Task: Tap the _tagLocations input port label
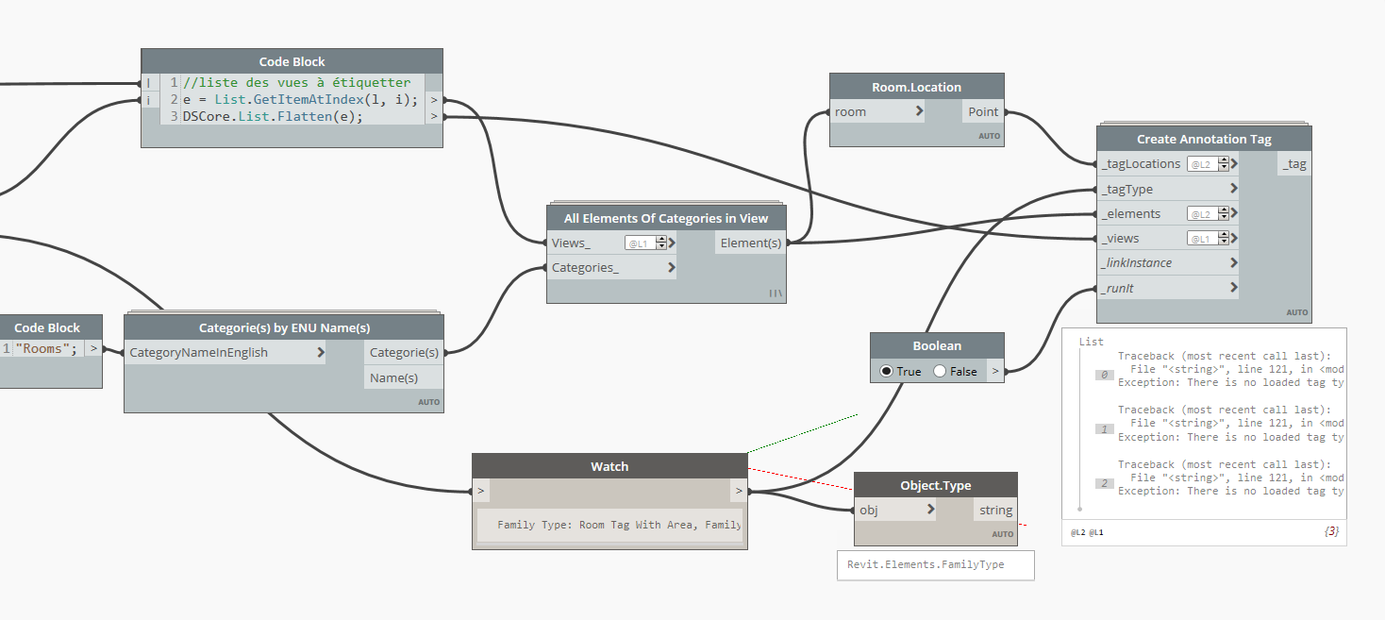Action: (1141, 164)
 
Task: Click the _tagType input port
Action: (1126, 189)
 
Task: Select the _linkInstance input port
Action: (1136, 262)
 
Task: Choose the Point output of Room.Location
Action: (982, 111)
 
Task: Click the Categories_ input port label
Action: (586, 268)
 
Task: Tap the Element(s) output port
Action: (750, 243)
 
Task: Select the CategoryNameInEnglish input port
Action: (198, 353)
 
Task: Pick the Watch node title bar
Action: (609, 466)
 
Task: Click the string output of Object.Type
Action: (995, 511)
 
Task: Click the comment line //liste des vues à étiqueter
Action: (296, 83)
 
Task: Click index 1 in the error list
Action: (1105, 428)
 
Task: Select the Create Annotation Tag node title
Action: (1203, 139)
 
